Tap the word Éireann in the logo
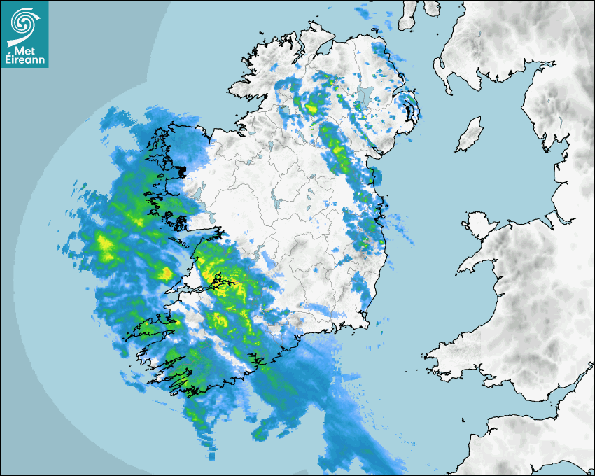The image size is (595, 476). pos(24,61)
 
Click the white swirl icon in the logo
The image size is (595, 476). pos(24,23)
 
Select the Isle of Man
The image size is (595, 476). pos(469,135)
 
